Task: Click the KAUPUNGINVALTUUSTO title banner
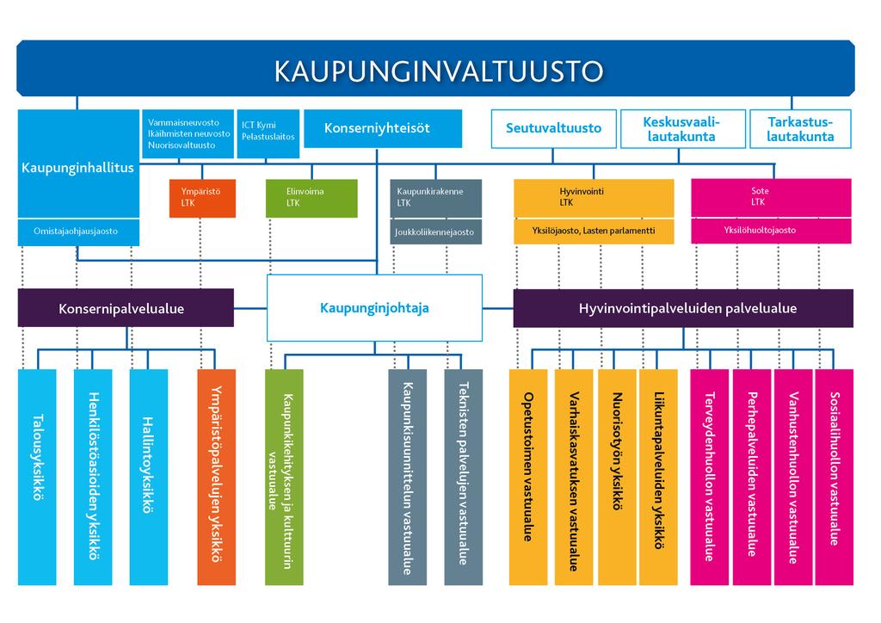tap(435, 69)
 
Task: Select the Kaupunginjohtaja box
tap(374, 308)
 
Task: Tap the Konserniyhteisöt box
tap(383, 128)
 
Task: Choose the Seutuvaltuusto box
tap(553, 129)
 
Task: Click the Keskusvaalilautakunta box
tap(682, 129)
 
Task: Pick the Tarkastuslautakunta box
tap(800, 129)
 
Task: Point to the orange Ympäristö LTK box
tap(202, 198)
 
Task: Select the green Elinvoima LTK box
tap(311, 198)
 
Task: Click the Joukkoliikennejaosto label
tap(435, 232)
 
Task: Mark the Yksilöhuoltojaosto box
tap(771, 231)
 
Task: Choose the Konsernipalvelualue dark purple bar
tap(126, 308)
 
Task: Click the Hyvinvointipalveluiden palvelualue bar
tap(683, 308)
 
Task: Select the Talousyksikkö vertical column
tap(37, 477)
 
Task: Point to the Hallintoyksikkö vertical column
tap(148, 477)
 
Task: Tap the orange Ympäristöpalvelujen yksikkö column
tap(216, 477)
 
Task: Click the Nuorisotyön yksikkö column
tap(617, 477)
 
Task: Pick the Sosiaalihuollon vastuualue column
tap(834, 477)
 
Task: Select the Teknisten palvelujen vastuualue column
tap(463, 477)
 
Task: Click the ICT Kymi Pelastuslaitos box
tap(268, 133)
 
